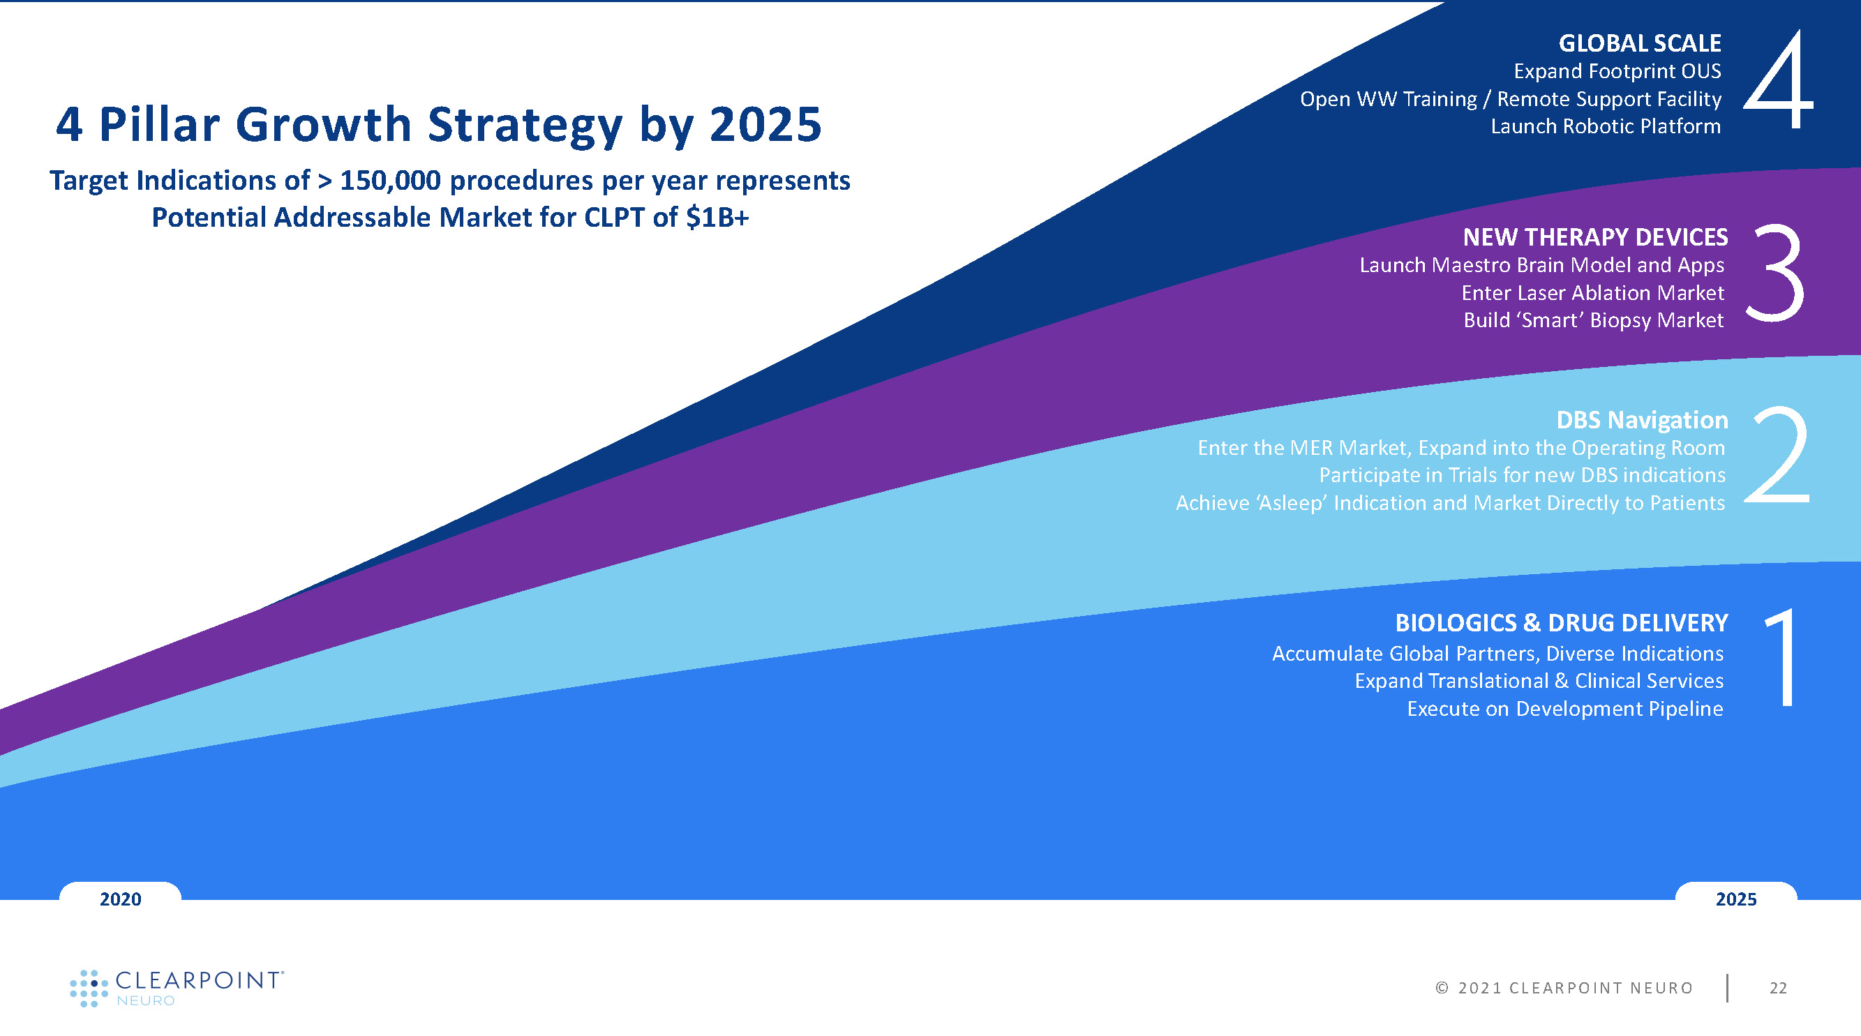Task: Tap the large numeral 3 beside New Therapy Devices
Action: point(1776,273)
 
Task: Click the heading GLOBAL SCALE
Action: point(1640,43)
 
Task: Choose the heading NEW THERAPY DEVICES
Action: point(1595,237)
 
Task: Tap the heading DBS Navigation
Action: point(1641,420)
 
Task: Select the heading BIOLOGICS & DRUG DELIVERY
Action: point(1561,623)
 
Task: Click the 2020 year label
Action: point(121,899)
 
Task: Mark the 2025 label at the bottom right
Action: point(1735,899)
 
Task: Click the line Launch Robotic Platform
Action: point(1605,126)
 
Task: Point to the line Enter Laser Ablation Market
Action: point(1592,292)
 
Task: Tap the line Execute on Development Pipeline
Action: point(1565,709)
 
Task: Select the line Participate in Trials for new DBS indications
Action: point(1521,475)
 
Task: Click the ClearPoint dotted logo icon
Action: point(89,988)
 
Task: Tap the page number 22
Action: point(1778,988)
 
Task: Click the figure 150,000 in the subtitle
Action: point(390,181)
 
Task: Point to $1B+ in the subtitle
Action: point(717,218)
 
